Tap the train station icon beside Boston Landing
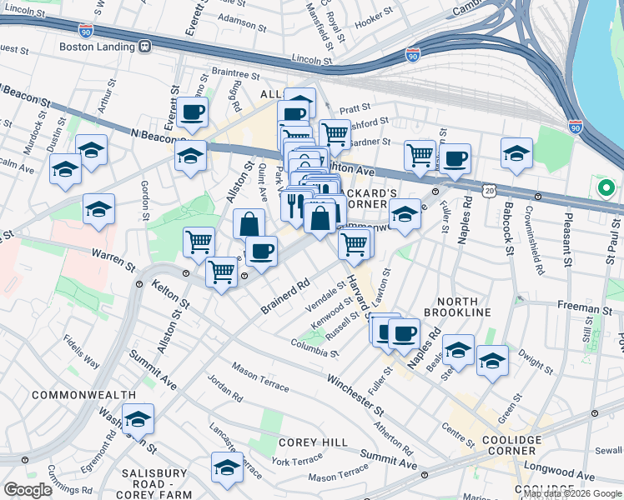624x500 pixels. tap(145, 47)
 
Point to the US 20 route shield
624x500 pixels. tap(489, 191)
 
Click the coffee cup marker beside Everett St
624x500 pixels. tap(192, 112)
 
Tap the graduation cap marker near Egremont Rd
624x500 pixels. tap(138, 418)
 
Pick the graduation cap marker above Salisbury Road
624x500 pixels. tap(227, 467)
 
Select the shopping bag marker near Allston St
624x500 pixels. tap(249, 224)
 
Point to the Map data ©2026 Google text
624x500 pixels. tap(572, 493)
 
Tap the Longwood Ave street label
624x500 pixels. tap(565, 477)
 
